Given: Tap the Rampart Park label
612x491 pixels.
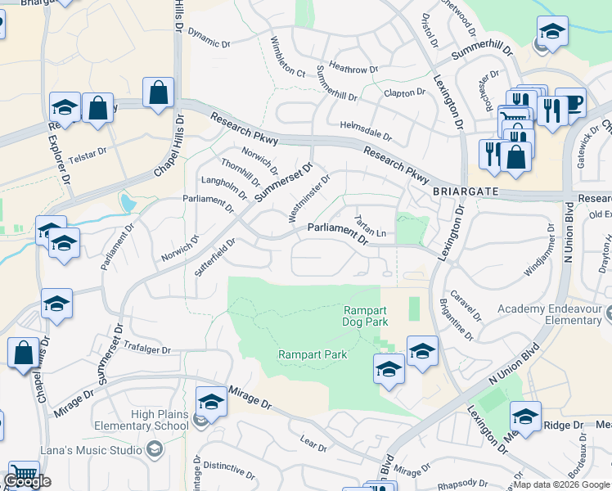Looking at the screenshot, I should [313, 354].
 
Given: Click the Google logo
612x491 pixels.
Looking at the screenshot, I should [26, 481].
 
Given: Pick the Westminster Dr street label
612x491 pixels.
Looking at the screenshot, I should [310, 197].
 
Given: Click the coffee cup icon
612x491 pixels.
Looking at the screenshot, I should [570, 102].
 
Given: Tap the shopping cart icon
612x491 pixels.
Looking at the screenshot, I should [24, 475].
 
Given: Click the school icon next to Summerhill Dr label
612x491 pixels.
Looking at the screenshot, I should [552, 34].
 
